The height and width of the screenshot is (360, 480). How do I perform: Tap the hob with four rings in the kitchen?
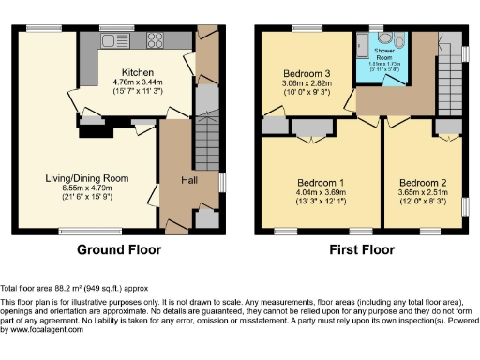tap(152, 41)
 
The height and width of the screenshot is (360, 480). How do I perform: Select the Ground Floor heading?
tap(118, 250)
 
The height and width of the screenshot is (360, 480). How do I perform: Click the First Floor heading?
tap(356, 250)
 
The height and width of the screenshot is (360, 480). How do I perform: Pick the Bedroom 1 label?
tap(321, 181)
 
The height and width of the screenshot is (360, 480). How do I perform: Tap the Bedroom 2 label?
tap(422, 181)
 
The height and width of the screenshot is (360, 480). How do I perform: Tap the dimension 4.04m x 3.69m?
tap(321, 192)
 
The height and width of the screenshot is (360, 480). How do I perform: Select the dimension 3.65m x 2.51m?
tap(422, 192)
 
